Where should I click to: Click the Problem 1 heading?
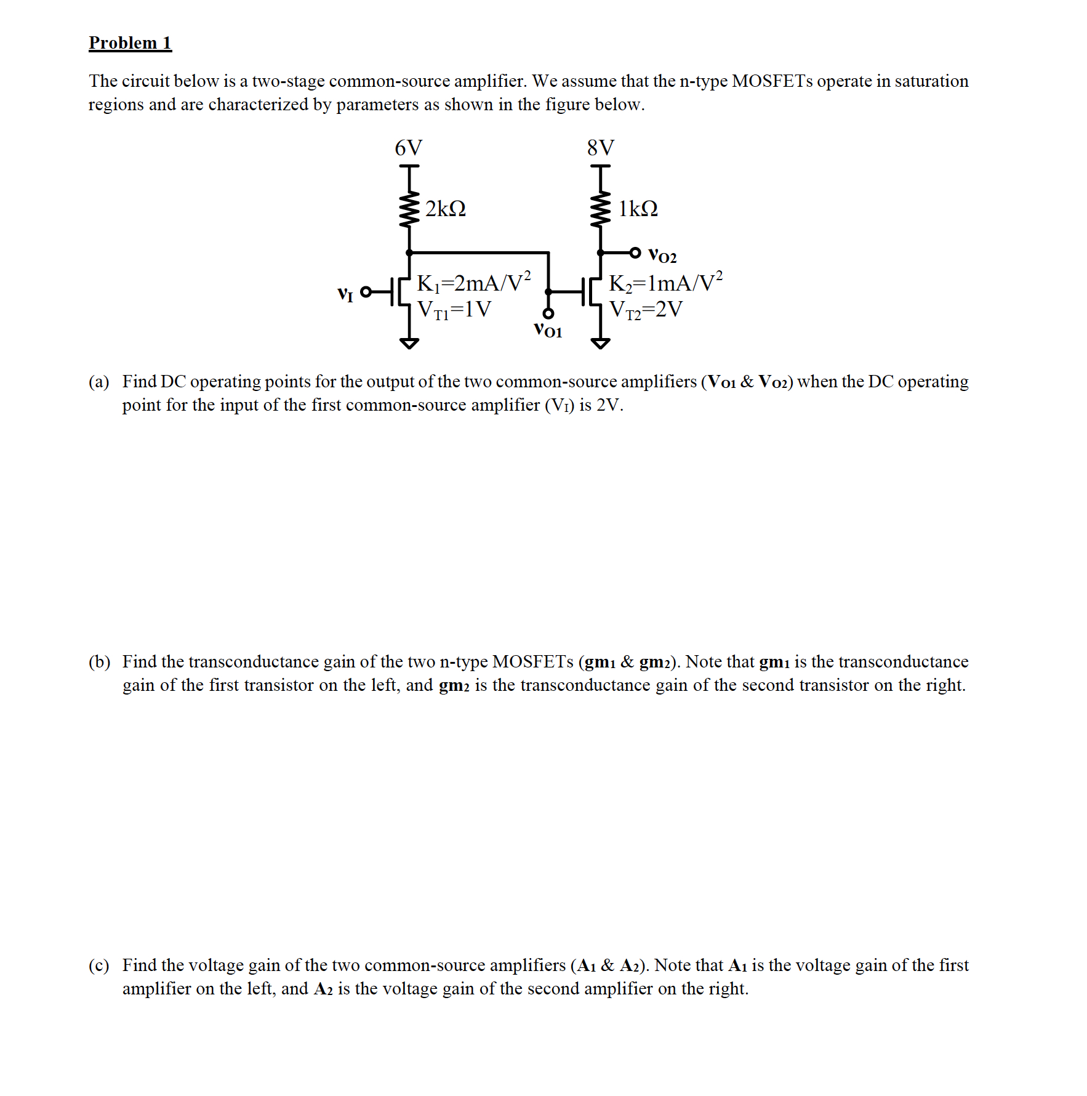click(x=130, y=42)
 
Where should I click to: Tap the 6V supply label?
click(x=408, y=148)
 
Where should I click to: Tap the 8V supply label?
click(x=600, y=148)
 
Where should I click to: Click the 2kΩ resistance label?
click(x=445, y=209)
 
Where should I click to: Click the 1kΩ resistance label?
click(x=638, y=209)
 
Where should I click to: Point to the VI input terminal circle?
click(x=366, y=292)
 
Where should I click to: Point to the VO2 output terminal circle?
click(x=635, y=252)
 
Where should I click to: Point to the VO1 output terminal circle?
click(x=548, y=314)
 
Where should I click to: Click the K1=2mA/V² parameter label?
click(x=473, y=283)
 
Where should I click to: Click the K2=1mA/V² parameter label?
click(x=665, y=283)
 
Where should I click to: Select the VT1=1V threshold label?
click(x=454, y=309)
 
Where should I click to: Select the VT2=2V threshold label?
click(x=646, y=309)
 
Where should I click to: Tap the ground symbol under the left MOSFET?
click(x=409, y=343)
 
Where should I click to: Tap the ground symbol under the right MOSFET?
click(x=601, y=343)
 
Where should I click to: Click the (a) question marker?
click(x=98, y=382)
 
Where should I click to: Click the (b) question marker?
click(x=99, y=662)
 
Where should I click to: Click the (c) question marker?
click(x=98, y=965)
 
